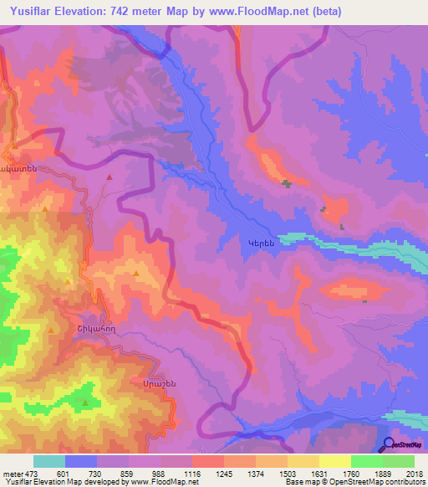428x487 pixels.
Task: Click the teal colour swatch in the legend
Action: tap(49, 461)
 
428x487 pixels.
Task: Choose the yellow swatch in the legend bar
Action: tap(334, 461)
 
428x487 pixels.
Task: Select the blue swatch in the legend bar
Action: tap(81, 461)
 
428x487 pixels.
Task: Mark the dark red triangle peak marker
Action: tap(110, 177)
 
